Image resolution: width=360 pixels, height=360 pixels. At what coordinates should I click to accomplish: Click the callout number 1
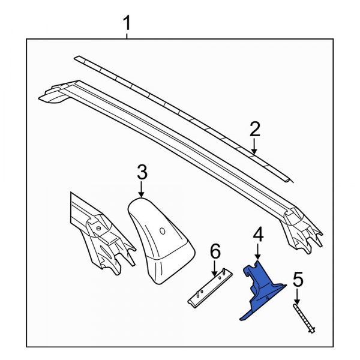(x=127, y=25)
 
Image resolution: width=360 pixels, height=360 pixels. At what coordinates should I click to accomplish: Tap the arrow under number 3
(x=141, y=191)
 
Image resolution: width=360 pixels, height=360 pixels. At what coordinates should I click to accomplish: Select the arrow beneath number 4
(x=257, y=253)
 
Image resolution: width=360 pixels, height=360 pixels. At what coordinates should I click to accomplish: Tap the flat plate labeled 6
(x=209, y=287)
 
